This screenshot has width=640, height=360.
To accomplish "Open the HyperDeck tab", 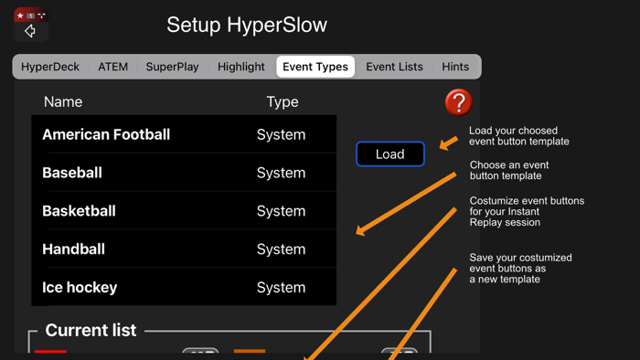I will tap(50, 67).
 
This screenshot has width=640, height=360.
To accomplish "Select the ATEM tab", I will tap(113, 67).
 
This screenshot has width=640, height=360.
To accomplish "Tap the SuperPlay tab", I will tap(172, 67).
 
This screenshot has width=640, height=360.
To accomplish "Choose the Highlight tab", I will tap(241, 67).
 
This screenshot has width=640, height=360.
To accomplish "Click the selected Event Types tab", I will tap(315, 67).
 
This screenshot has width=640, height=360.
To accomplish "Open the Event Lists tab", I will tap(394, 67).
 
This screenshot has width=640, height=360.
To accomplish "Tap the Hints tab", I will tap(455, 67).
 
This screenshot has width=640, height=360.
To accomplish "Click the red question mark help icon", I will tap(458, 102).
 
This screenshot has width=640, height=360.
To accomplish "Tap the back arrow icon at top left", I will tap(30, 31).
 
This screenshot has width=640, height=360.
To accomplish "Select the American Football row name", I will tap(106, 134).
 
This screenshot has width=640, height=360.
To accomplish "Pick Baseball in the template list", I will tap(72, 173).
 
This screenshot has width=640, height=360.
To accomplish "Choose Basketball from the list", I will tap(79, 211).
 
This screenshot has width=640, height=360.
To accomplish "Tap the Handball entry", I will tap(73, 249).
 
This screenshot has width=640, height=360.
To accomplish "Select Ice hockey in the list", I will tap(80, 288).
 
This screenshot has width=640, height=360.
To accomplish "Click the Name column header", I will tap(63, 102).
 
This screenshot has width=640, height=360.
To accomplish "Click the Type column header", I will tap(282, 102).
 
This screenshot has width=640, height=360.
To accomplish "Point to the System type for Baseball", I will tap(281, 173).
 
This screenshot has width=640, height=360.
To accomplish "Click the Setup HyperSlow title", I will tap(247, 26).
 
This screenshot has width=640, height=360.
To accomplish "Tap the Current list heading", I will tap(91, 331).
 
